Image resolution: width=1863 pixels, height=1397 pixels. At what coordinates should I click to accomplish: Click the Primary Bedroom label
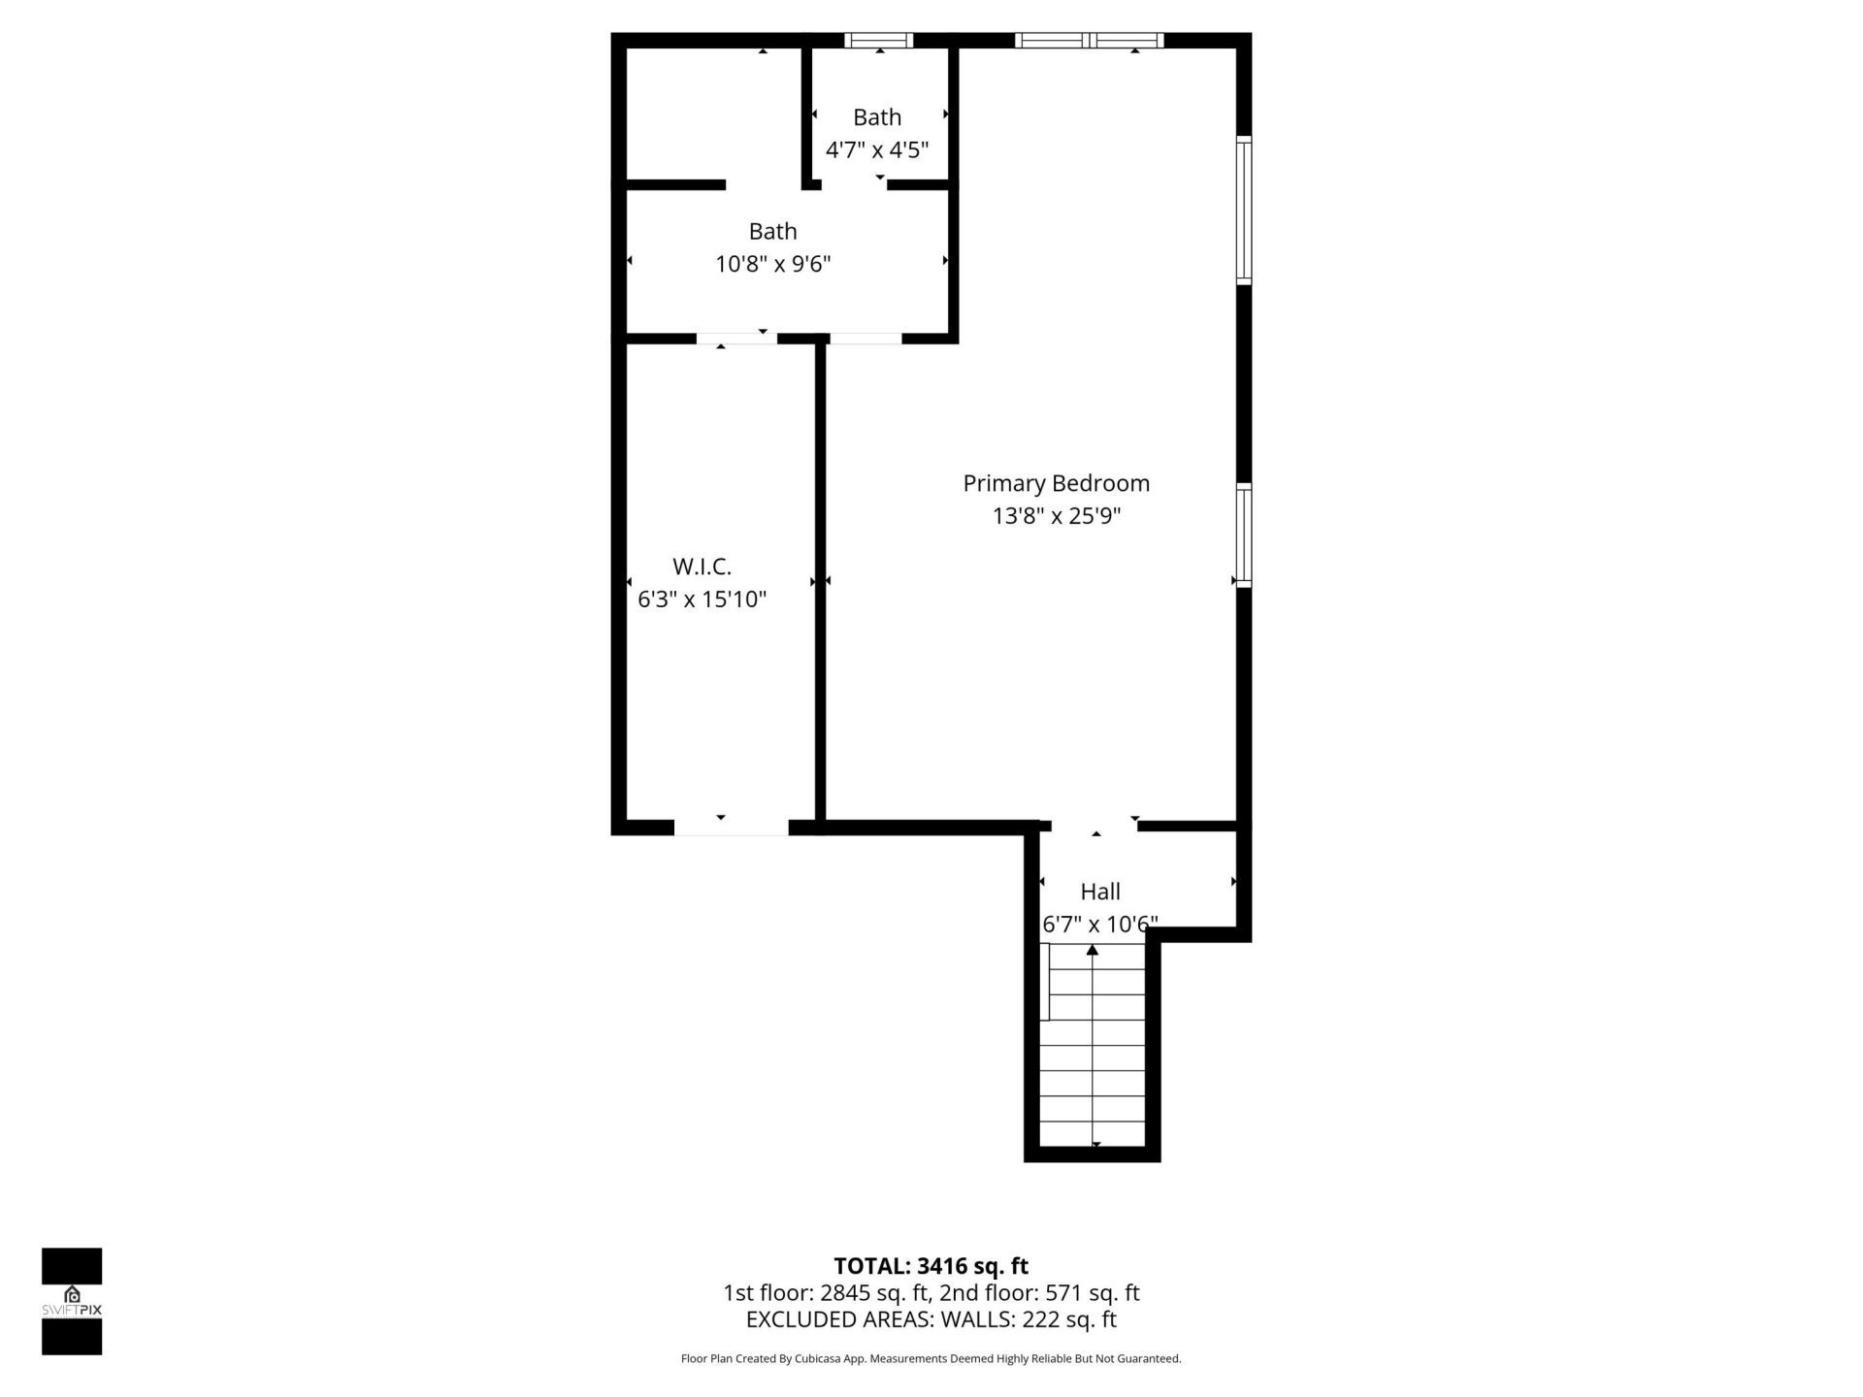[x=1056, y=483]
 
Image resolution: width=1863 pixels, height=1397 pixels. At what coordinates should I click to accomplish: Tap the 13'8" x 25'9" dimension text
[x=1056, y=516]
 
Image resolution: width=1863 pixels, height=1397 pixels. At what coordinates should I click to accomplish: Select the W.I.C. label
[x=702, y=567]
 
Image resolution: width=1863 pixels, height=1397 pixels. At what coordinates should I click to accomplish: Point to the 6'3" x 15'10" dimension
[x=702, y=600]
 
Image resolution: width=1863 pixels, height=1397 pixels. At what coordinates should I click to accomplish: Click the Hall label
[x=1100, y=892]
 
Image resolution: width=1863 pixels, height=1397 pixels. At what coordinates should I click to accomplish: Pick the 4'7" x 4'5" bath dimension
[x=877, y=150]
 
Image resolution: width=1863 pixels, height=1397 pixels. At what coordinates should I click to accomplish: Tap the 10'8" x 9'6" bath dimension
[x=773, y=264]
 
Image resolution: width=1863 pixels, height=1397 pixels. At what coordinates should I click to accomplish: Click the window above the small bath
[x=878, y=40]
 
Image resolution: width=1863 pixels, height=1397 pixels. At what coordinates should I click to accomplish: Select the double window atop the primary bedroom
[x=1089, y=40]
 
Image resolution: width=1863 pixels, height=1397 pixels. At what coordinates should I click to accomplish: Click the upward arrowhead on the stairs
[x=1093, y=950]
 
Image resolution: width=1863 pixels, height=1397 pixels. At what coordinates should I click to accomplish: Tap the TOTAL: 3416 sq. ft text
[x=931, y=1266]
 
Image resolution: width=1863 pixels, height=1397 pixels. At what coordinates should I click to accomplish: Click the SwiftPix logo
[x=72, y=1301]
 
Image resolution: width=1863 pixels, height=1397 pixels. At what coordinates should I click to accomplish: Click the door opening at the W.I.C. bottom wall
[x=731, y=828]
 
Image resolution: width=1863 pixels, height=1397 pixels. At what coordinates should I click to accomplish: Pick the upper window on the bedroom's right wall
[x=1244, y=211]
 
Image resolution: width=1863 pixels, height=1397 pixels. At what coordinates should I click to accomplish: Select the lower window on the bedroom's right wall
[x=1244, y=535]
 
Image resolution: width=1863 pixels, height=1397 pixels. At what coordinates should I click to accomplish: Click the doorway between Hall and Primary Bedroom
[x=1095, y=826]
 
